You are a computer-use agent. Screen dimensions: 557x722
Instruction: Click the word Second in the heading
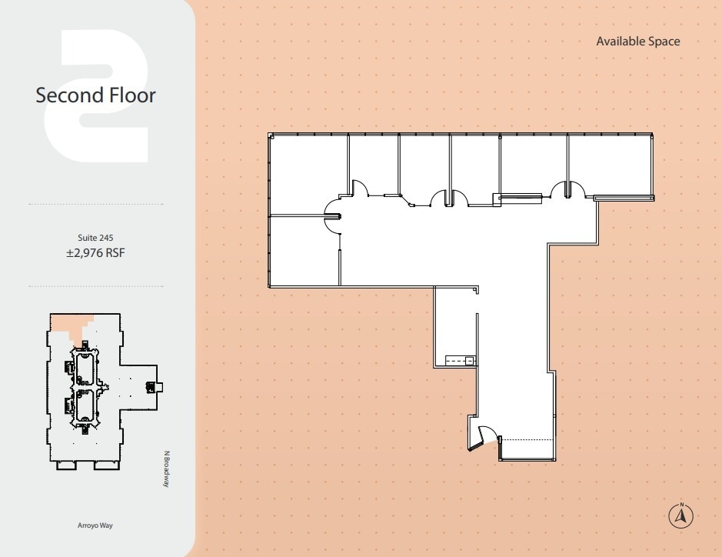[x=70, y=95]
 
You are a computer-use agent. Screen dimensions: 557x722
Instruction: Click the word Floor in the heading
[x=131, y=95]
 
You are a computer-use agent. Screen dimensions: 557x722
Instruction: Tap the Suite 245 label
[x=95, y=238]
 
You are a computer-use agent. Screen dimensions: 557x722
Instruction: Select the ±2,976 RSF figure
[x=95, y=252]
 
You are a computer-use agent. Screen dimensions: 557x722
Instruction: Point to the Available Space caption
[x=637, y=42]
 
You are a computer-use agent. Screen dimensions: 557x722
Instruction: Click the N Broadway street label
[x=165, y=469]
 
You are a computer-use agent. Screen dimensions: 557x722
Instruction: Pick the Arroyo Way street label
[x=95, y=526]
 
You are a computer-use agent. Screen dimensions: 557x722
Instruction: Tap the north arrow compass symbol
[x=681, y=516]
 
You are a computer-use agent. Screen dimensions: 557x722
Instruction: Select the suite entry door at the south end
[x=485, y=437]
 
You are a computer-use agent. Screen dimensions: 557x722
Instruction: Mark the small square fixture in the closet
[x=469, y=360]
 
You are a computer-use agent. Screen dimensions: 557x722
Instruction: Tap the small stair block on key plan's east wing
[x=161, y=386]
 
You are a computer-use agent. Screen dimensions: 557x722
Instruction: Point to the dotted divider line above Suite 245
[x=95, y=204]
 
